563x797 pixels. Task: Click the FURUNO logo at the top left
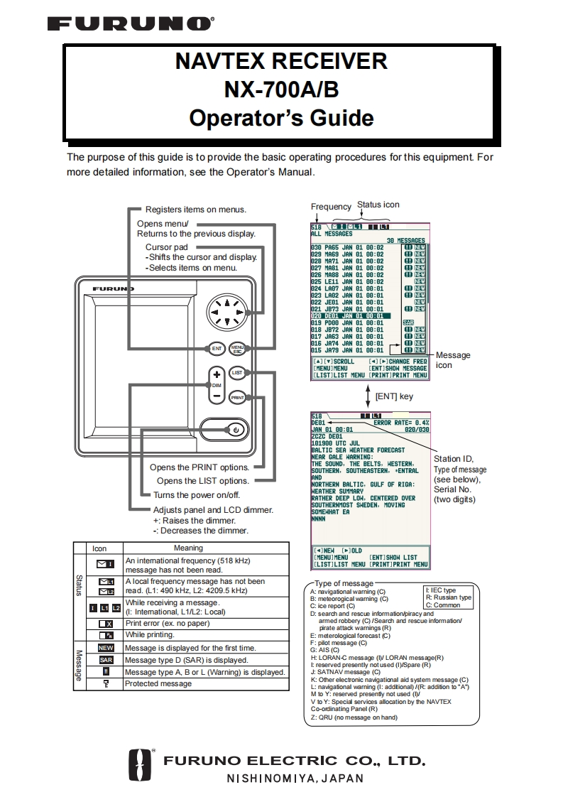[129, 25]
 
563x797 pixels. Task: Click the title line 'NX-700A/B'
[281, 90]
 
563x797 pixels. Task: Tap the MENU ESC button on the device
[237, 348]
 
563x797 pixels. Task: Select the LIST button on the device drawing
[237, 372]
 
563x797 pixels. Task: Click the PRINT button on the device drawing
[237, 398]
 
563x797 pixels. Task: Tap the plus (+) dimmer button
[217, 374]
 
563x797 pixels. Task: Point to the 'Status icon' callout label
[378, 205]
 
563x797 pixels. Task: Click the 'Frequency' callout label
[331, 207]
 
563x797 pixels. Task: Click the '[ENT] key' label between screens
[394, 396]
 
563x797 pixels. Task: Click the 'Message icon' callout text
[452, 359]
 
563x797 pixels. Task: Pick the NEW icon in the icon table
[106, 648]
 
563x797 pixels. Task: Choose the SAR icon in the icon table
[106, 660]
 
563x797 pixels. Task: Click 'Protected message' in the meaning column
[158, 683]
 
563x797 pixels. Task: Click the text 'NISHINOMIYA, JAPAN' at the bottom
[295, 778]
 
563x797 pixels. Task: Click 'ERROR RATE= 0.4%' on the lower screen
[401, 423]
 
